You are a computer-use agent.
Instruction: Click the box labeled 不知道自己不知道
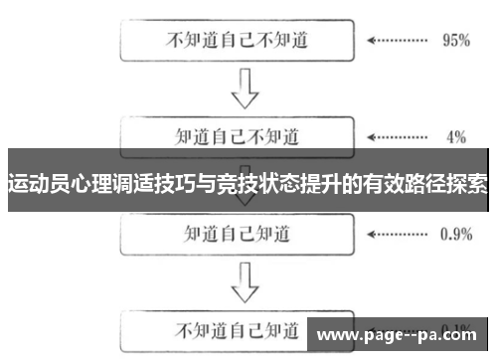click(x=238, y=42)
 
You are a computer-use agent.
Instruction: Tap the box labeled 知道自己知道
click(x=238, y=234)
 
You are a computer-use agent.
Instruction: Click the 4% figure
click(x=456, y=135)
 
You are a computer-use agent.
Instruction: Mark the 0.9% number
click(x=455, y=235)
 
